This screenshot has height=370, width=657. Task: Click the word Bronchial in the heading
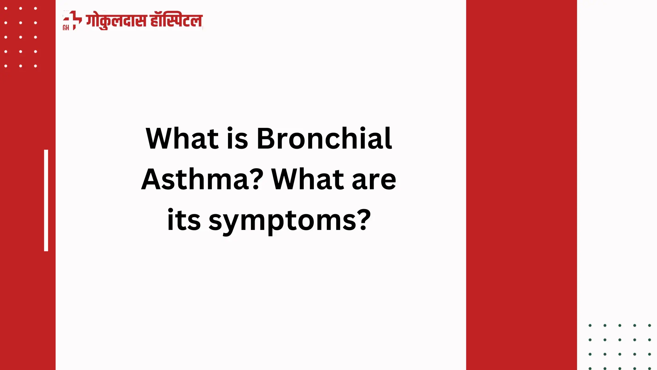pos(324,139)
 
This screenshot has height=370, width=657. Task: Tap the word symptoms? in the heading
pos(290,221)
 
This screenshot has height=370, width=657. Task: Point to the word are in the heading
pos(374,180)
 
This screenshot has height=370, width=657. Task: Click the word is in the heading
pos(237,139)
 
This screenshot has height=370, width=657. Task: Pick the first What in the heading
pos(182,139)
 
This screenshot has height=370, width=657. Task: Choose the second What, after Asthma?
pos(308,180)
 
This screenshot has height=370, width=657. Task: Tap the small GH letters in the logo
pos(66,28)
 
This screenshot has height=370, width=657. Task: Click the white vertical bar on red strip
pos(46,200)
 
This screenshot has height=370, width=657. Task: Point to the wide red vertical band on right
pos(521,185)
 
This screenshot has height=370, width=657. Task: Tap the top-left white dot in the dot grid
pos(6,8)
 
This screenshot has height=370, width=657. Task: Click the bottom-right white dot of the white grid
pos(36,66)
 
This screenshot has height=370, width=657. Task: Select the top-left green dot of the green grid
pos(590,325)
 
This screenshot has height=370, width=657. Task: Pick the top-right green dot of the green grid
pos(649,325)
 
